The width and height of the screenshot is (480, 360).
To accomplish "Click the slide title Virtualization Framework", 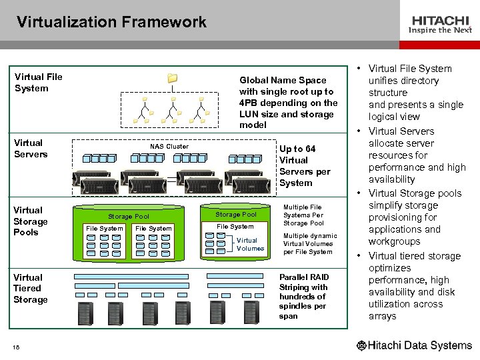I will pos(112,22).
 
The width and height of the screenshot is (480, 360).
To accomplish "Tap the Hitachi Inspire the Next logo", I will pos(441,25).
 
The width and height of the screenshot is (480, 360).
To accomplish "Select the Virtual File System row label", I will pos(38,82).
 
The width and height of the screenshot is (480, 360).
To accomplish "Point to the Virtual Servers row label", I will pos(31,148).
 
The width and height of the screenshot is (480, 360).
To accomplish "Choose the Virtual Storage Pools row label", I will pos(31,221).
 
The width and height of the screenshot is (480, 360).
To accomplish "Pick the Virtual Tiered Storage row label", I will pos(31,288).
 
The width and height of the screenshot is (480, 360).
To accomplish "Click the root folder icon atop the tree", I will pos(173,78).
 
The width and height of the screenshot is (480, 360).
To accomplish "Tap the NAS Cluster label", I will pos(169,146).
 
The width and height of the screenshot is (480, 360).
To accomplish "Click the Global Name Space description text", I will pos(288,102).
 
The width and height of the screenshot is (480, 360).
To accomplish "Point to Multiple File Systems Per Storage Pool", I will pos(303,215).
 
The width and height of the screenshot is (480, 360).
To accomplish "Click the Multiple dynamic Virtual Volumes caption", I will pos(310,243).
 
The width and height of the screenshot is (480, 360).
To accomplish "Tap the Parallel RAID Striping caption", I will pos(303,295).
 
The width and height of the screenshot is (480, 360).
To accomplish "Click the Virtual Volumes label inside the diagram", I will pos(250,244).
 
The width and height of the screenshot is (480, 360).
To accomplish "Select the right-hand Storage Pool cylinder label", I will pos(235,214).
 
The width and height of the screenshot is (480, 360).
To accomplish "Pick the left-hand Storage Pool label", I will pos(129,217).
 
